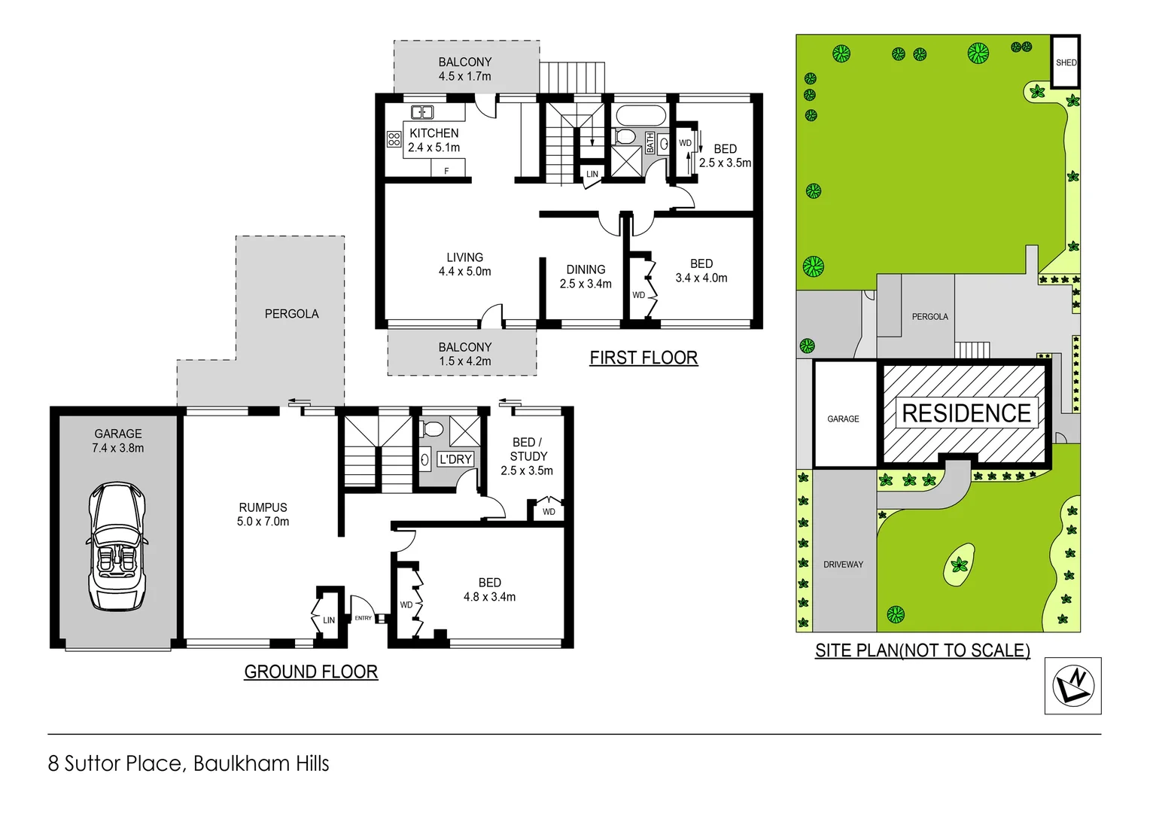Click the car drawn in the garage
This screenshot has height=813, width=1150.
pyautogui.click(x=117, y=546)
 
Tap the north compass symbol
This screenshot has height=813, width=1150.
pyautogui.click(x=1072, y=686)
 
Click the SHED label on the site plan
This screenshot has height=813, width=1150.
pyautogui.click(x=1066, y=62)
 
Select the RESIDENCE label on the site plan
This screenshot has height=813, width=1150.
pyautogui.click(x=966, y=413)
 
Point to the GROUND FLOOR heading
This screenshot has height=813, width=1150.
pyautogui.click(x=311, y=671)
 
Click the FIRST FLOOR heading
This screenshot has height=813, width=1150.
pyautogui.click(x=643, y=358)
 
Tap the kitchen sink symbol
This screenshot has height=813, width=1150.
pyautogui.click(x=421, y=113)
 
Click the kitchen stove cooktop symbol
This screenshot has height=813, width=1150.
pyautogui.click(x=394, y=139)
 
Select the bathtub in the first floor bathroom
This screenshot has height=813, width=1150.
pyautogui.click(x=640, y=116)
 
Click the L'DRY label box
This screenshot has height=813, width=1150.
pyautogui.click(x=455, y=459)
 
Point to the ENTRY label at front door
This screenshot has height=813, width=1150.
pyautogui.click(x=363, y=618)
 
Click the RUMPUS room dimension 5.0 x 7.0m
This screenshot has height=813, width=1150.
pyautogui.click(x=263, y=521)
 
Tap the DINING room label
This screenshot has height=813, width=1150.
pyautogui.click(x=586, y=269)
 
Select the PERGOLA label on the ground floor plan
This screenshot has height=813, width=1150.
pyautogui.click(x=291, y=314)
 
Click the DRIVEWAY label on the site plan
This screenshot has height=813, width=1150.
pyautogui.click(x=843, y=565)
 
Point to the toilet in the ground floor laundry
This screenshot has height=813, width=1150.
pyautogui.click(x=433, y=430)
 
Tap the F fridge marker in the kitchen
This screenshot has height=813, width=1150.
pyautogui.click(x=446, y=171)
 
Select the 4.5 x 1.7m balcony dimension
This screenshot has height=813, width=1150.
pyautogui.click(x=464, y=76)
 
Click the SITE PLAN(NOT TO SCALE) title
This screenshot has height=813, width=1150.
pyautogui.click(x=922, y=650)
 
